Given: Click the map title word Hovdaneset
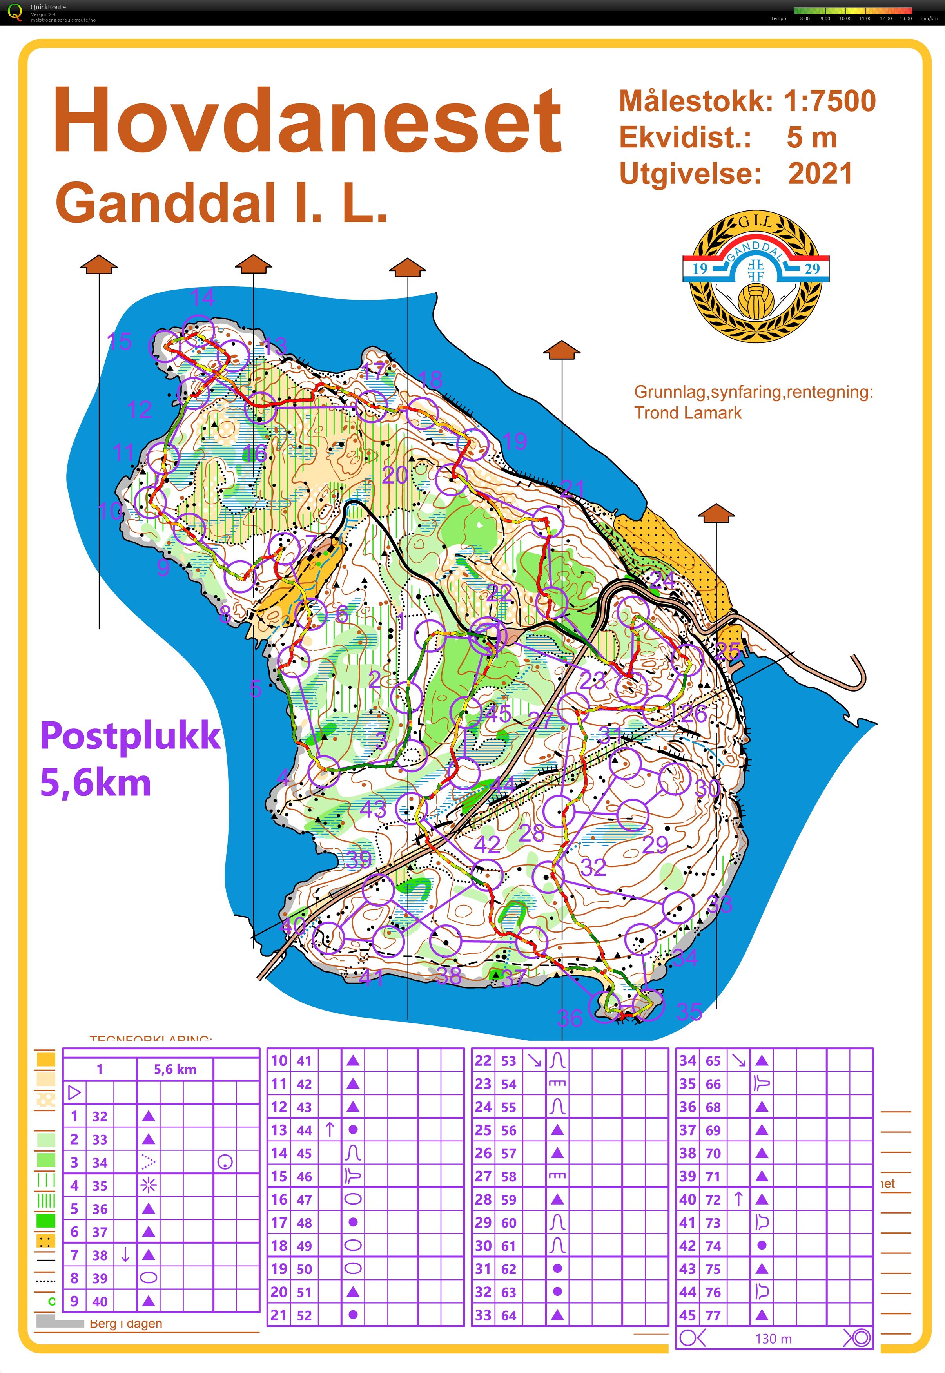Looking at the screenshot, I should (307, 121).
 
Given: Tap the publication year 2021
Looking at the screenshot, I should (820, 174).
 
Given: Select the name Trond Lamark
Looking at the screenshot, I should (687, 413).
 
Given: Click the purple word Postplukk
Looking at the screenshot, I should (130, 737).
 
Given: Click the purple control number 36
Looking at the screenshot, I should (570, 1018).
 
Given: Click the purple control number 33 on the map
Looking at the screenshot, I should (720, 904).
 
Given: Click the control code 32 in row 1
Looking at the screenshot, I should (100, 1116).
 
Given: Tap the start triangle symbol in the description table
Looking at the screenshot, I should (74, 1092).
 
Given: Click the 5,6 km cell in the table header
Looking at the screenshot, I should (175, 1069).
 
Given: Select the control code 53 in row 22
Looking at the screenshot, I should (509, 1061).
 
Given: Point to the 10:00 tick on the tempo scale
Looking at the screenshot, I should (845, 18).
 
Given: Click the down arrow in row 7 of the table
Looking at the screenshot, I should (125, 1255).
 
